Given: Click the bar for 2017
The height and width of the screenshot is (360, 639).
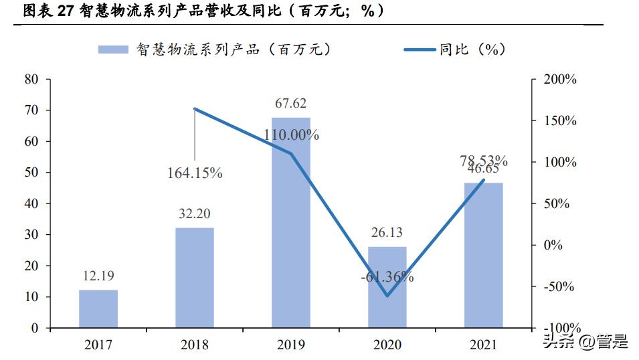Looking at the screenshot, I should pos(98,309).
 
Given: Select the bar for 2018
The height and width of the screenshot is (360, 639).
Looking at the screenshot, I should pos(195,278).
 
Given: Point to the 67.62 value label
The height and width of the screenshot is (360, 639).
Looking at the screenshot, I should pos(291,104).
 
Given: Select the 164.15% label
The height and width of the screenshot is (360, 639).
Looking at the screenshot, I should pos(195,173).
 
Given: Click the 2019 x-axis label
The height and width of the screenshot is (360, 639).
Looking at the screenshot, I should pos(291,345).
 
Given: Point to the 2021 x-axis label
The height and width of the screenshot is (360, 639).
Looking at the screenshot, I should pos(484,345).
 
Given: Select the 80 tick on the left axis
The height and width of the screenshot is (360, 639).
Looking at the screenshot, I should pos(31,79).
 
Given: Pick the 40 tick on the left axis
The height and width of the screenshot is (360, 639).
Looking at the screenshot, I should pos(31,203).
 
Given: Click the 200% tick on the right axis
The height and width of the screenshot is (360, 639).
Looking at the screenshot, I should pos(560,79).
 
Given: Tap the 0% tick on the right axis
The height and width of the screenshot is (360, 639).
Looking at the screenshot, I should pos(553,245).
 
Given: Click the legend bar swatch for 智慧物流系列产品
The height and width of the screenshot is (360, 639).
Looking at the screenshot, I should pos(114,50).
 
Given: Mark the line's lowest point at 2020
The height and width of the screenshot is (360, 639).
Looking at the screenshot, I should pos(387,296).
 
